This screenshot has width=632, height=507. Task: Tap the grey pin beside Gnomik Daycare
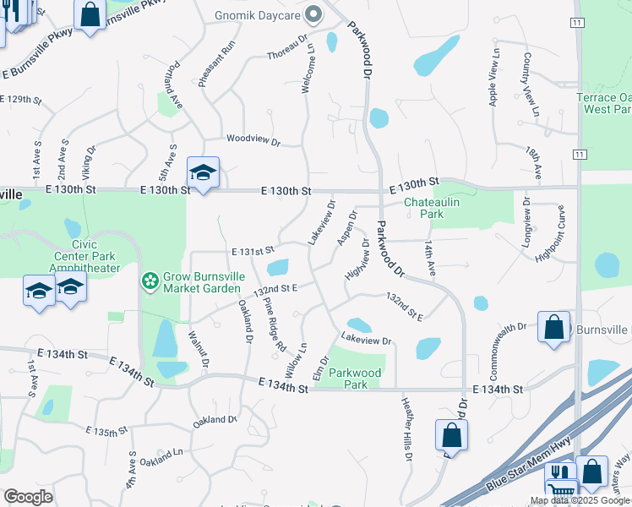313,14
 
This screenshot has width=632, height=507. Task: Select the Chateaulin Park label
435,209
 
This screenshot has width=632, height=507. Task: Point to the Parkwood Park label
355,378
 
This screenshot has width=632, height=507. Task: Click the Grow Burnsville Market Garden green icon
150,280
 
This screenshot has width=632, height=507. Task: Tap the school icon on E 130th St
203,173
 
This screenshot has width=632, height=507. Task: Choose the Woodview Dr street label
252,139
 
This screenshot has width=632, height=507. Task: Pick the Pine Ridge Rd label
275,324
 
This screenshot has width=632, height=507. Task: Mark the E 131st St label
253,250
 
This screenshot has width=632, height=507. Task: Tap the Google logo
28,496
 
